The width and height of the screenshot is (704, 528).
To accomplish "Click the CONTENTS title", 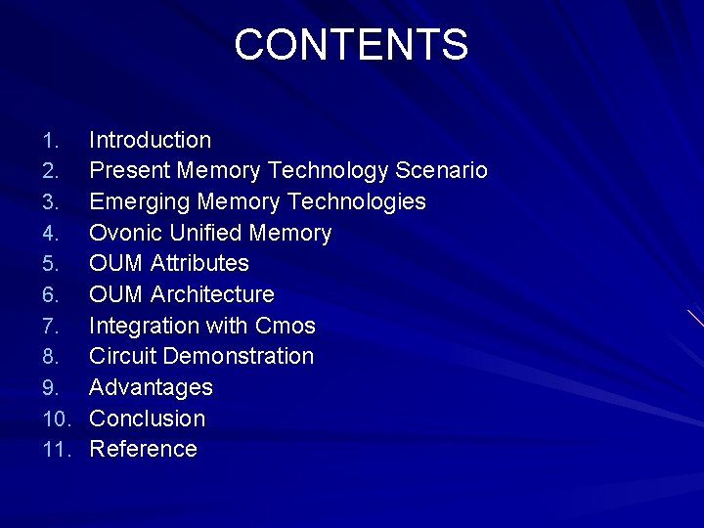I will click(351, 45).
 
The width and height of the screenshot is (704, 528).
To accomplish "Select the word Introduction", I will click(150, 141).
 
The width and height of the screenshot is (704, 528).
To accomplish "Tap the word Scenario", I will click(441, 171).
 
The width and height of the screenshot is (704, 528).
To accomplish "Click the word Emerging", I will click(139, 202).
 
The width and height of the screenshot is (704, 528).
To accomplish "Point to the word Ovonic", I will click(125, 234).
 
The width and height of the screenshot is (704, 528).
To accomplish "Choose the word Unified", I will click(205, 234).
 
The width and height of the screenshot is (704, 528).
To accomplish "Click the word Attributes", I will click(199, 264).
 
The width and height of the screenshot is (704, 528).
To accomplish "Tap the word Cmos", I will click(286, 326).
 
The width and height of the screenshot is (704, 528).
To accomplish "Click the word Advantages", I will click(151, 387).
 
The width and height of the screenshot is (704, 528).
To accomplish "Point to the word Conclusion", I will click(147, 418).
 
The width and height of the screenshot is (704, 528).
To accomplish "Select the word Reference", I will click(143, 450).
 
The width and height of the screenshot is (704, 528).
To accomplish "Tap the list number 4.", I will click(53, 234).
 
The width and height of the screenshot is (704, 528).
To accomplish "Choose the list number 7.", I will click(53, 326).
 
